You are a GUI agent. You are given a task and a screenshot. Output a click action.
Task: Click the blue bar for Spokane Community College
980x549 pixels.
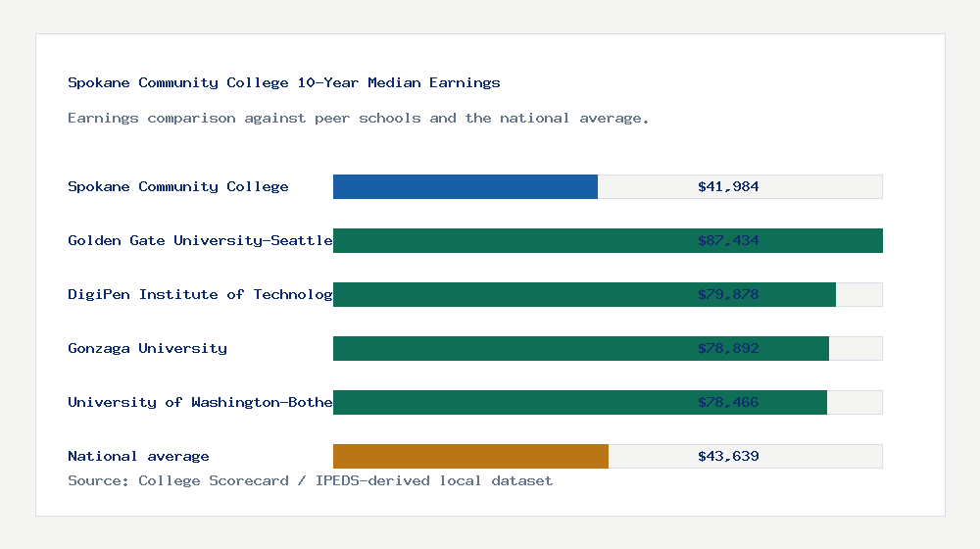[x=465, y=186]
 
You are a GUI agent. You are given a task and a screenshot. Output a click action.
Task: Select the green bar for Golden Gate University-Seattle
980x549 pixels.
[x=529, y=240]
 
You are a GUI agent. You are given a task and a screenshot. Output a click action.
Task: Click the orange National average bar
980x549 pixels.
[x=470, y=456]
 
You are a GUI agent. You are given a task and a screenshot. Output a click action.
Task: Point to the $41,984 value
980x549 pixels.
[x=728, y=186]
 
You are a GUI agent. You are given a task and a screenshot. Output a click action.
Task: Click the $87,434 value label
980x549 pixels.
[x=728, y=240]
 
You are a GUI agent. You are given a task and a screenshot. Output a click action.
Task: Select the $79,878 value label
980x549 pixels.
[x=728, y=294]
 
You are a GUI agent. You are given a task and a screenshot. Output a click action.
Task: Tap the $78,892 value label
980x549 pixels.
[x=728, y=348]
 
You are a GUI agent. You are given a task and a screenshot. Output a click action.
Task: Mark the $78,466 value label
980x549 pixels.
[x=728, y=402]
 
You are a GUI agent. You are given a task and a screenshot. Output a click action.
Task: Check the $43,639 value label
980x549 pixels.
[x=728, y=456]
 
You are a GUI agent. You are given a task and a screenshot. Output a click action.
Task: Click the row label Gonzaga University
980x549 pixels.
[x=147, y=348]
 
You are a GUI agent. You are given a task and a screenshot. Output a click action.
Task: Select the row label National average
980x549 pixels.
[x=138, y=456]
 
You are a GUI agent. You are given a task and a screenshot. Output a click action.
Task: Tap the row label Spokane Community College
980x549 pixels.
[x=178, y=186]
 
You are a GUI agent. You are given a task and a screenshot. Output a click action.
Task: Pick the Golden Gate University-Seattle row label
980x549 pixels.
[x=200, y=240]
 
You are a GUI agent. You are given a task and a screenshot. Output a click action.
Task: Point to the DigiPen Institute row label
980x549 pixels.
[x=200, y=294]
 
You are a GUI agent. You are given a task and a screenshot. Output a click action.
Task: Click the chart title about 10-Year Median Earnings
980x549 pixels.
[x=284, y=82]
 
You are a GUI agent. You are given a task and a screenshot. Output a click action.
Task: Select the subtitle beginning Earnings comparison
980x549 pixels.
[x=359, y=118]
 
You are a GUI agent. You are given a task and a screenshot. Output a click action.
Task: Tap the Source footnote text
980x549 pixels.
[x=310, y=480]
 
